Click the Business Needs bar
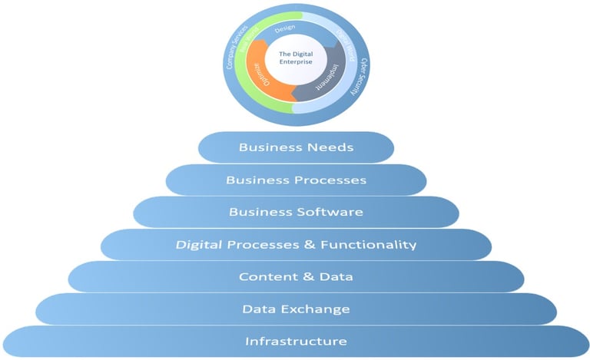click(x=296, y=147)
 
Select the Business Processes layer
click(x=296, y=180)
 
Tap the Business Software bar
click(x=296, y=212)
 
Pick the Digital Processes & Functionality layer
click(x=296, y=245)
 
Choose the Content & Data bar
click(x=296, y=277)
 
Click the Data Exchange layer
click(x=296, y=309)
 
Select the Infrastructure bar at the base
click(x=296, y=342)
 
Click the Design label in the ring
click(x=285, y=30)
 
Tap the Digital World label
click(x=343, y=46)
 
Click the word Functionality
click(x=368, y=245)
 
